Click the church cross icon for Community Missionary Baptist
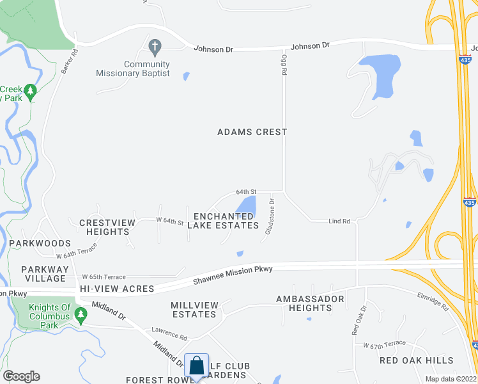(154, 47)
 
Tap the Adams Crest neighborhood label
(252, 132)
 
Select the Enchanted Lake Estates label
(226, 221)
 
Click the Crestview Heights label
(107, 227)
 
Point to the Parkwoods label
(40, 244)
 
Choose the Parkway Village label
(43, 274)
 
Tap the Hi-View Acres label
(118, 289)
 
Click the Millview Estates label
(194, 310)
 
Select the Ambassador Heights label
(310, 303)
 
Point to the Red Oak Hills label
(416, 360)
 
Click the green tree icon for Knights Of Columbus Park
(81, 314)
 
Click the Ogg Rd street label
(283, 65)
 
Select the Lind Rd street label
(339, 221)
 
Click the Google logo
(21, 376)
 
